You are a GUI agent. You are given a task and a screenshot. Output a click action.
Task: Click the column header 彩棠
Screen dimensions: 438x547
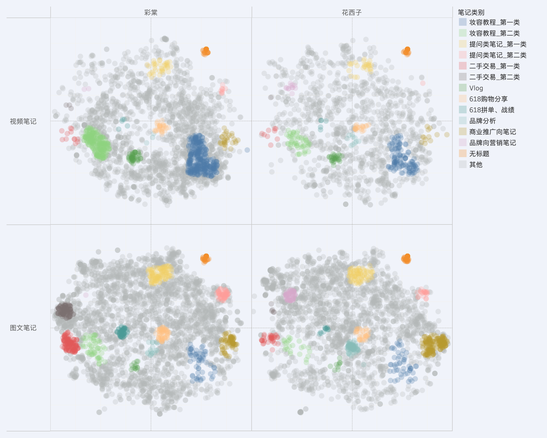[151, 13]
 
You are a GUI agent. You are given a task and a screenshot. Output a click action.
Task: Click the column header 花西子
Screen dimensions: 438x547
[352, 13]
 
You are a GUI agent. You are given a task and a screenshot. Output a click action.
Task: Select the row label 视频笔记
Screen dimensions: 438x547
[23, 121]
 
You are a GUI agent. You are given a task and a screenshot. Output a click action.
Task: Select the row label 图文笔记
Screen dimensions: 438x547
[23, 328]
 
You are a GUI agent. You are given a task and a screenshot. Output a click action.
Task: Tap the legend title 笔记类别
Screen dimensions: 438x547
[471, 12]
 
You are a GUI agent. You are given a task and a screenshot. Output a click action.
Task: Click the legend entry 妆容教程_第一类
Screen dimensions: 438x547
[494, 22]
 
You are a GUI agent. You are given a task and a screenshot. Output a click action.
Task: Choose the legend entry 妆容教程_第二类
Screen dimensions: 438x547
[494, 33]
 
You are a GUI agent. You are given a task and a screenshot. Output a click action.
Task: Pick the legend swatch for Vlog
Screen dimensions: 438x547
[463, 88]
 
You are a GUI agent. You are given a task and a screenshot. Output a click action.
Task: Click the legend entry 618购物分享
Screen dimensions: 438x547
[488, 99]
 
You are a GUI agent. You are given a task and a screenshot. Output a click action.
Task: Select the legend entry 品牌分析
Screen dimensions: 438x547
[482, 121]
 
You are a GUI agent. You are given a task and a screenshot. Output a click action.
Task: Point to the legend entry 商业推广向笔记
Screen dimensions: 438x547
[492, 132]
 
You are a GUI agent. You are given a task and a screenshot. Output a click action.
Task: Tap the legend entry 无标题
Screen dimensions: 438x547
[479, 154]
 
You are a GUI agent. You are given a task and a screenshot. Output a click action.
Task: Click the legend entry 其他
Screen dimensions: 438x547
[476, 165]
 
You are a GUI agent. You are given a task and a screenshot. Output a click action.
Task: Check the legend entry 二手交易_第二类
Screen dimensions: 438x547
[494, 77]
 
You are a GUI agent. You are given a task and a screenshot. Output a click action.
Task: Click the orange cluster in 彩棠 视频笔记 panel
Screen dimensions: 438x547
[205, 51]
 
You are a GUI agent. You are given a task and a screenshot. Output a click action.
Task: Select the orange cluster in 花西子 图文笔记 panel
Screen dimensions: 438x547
[406, 258]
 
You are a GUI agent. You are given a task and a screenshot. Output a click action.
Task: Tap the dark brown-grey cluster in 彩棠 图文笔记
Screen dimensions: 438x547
[65, 311]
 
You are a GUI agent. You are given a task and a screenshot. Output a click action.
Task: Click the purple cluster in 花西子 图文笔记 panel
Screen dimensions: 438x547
[290, 295]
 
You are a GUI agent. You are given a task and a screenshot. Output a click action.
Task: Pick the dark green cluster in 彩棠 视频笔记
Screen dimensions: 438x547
[133, 157]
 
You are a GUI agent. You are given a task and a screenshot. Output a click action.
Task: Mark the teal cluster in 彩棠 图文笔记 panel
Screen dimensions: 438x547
[122, 332]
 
